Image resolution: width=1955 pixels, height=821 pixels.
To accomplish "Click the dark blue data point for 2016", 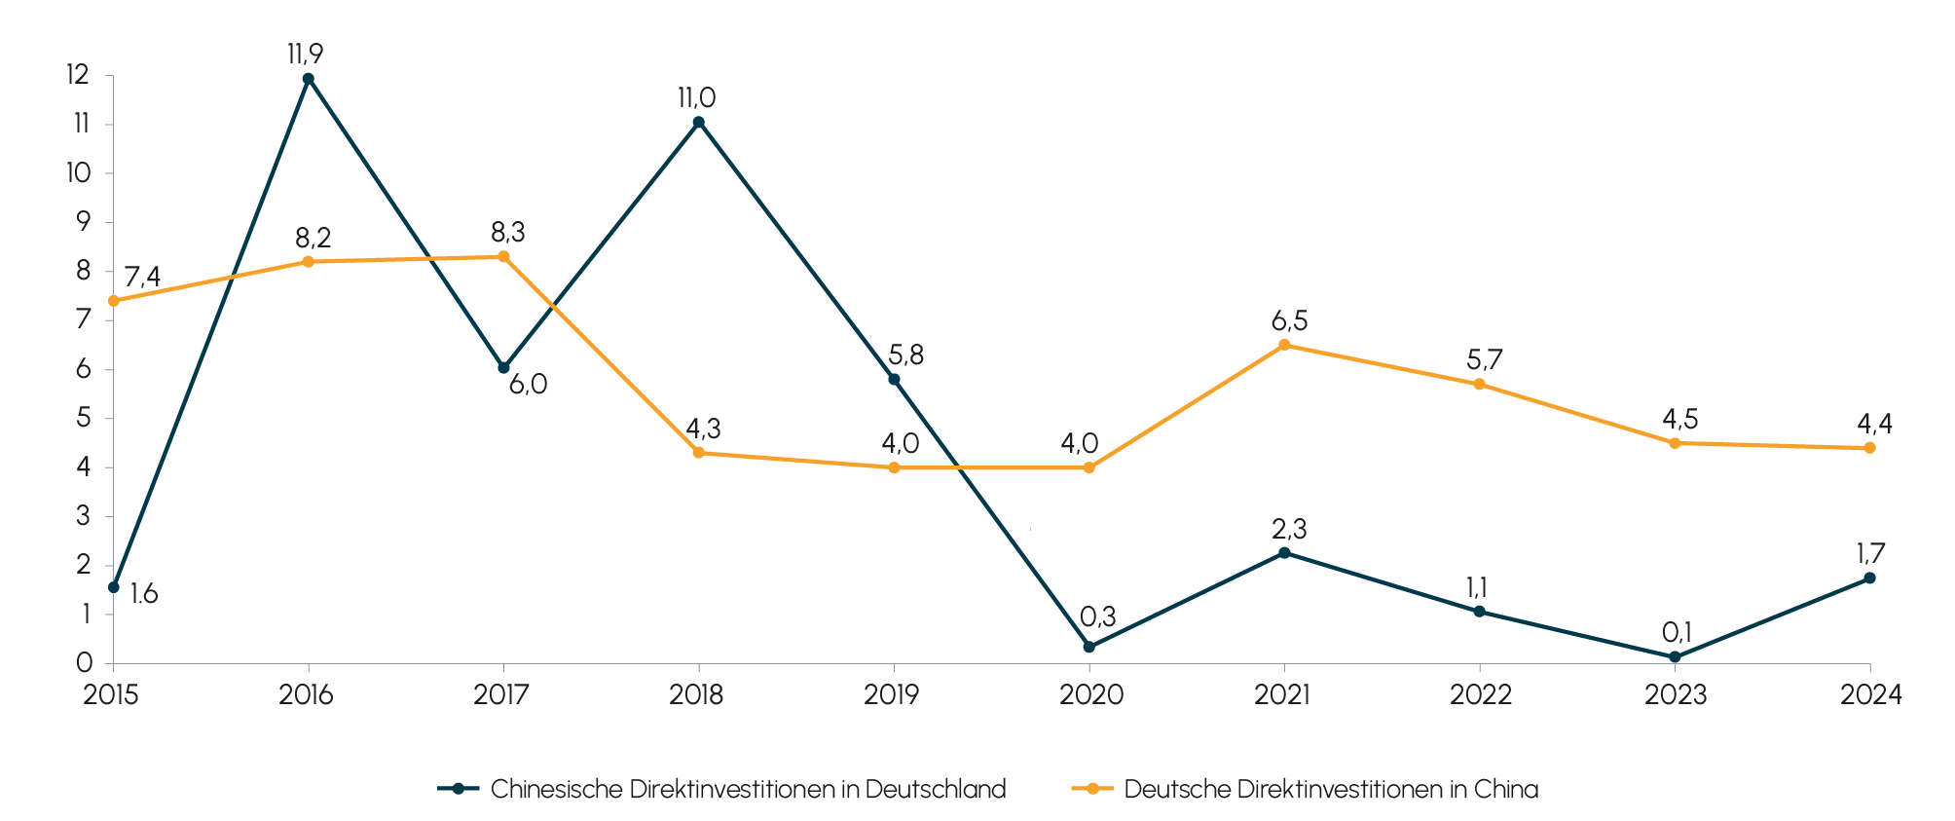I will [x=309, y=79].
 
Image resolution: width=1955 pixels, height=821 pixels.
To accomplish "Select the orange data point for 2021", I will [x=1284, y=345].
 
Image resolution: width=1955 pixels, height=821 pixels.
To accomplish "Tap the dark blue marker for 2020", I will [x=1089, y=647].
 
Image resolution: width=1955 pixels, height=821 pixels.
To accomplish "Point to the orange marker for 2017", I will [x=503, y=256].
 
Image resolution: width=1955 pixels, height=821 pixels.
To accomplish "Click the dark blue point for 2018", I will [x=698, y=122].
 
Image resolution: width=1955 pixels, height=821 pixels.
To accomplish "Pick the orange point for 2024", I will [x=1869, y=448].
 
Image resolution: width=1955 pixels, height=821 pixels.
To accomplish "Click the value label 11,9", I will [x=305, y=54].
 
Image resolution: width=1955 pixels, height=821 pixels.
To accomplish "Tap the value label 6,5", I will [x=1289, y=320].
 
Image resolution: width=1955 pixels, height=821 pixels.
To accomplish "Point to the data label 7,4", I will [x=142, y=278].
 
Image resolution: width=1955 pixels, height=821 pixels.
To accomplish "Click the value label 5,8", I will [x=905, y=355].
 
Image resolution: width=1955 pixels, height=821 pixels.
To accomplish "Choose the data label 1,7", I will [x=1870, y=554].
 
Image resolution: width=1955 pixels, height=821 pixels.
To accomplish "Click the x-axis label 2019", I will [x=892, y=695].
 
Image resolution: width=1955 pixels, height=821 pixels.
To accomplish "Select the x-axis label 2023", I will [x=1676, y=695].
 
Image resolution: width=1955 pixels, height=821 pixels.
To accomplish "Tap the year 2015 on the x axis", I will [x=111, y=695].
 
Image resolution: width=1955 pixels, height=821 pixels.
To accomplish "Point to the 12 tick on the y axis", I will [x=78, y=75].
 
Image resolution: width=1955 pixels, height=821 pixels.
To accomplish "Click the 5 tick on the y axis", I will [x=83, y=419].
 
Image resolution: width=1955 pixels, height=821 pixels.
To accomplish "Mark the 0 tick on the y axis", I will [x=84, y=663].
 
